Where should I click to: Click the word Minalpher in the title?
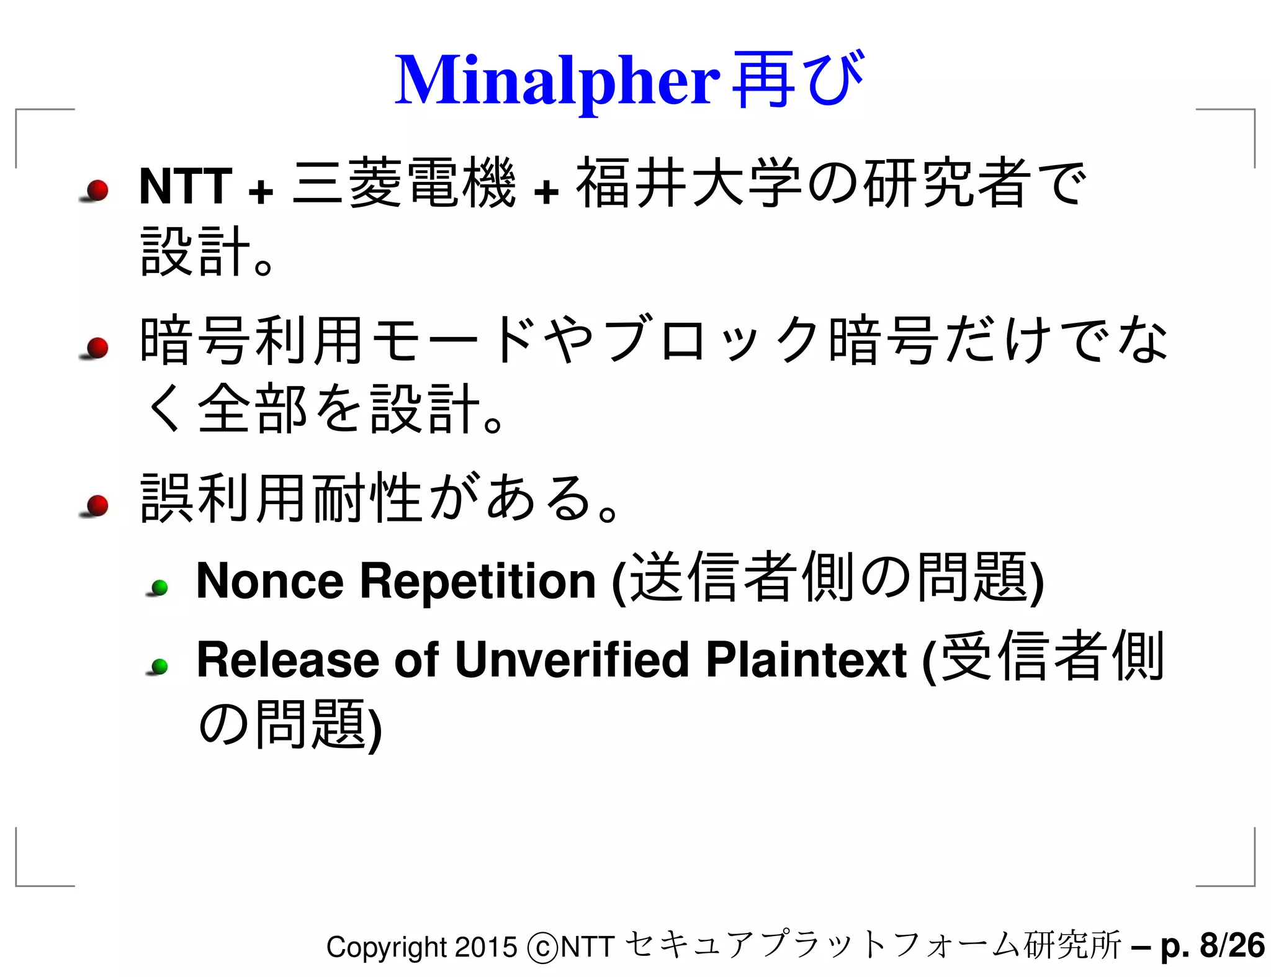click(557, 81)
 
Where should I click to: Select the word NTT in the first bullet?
click(186, 186)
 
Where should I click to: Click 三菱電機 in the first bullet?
click(404, 184)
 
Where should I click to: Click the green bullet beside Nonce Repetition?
click(160, 587)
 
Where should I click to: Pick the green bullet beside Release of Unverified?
click(160, 667)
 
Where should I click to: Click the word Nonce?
click(269, 581)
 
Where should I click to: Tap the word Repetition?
click(478, 581)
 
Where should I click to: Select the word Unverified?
click(572, 659)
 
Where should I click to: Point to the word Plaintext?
click(806, 659)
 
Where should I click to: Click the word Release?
click(287, 659)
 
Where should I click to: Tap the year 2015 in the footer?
click(485, 947)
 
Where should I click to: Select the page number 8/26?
click(1232, 946)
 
